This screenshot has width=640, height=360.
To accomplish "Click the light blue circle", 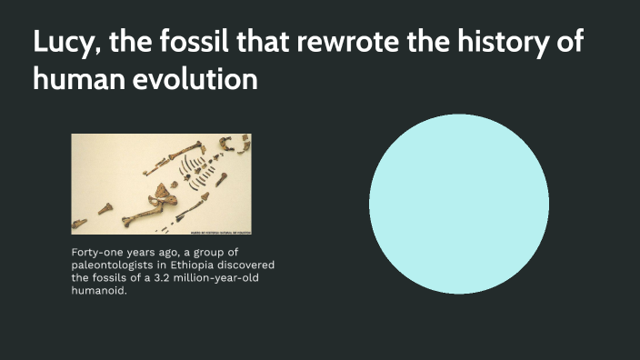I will pos(459,205).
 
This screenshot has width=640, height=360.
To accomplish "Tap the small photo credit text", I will pos(219,230).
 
